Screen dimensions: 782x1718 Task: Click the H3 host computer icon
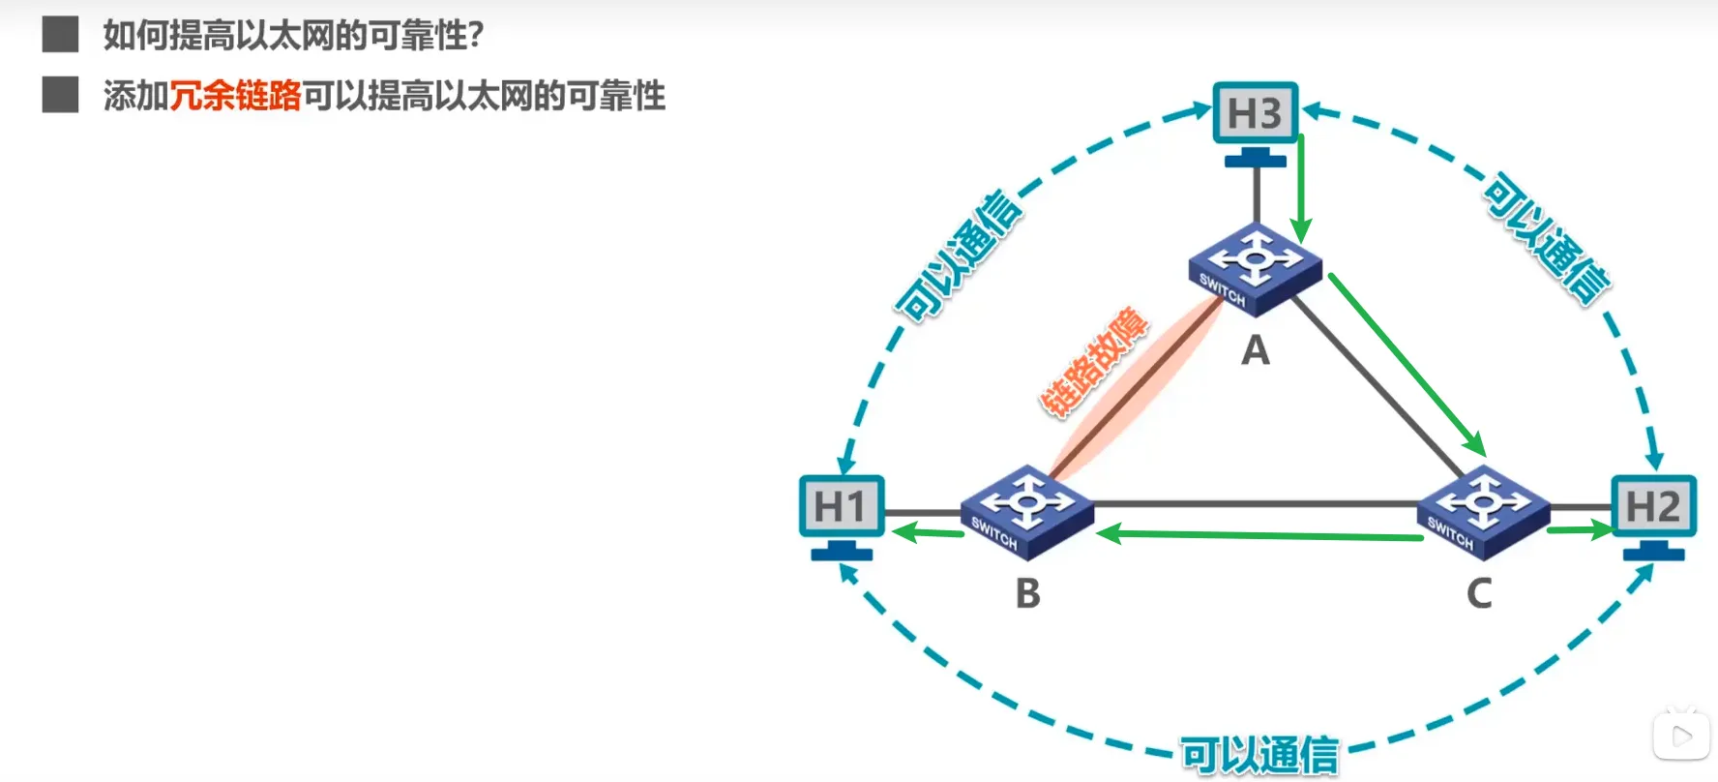coord(1255,116)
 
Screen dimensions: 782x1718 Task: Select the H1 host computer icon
coord(841,509)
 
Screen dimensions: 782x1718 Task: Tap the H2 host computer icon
coord(1653,509)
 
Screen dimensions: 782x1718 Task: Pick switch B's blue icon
coord(1026,511)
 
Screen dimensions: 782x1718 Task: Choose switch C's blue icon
coord(1483,511)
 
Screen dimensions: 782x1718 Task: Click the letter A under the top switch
coord(1256,350)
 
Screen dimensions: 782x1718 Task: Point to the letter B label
coord(1028,593)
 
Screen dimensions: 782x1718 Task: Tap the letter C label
coord(1479,593)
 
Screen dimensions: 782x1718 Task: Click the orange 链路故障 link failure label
coord(1094,362)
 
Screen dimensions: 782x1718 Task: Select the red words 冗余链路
coord(235,96)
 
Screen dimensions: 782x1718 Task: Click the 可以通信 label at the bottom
coord(1259,755)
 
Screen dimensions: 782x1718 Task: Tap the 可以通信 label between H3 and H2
coord(1547,239)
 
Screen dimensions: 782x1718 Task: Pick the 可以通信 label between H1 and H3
coord(959,256)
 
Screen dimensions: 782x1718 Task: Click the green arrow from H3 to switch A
coord(1301,189)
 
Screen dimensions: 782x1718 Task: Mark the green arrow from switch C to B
coord(1258,534)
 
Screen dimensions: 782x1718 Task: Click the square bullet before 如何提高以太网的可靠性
coord(60,35)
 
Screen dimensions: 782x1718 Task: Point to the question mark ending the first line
coord(475,36)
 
